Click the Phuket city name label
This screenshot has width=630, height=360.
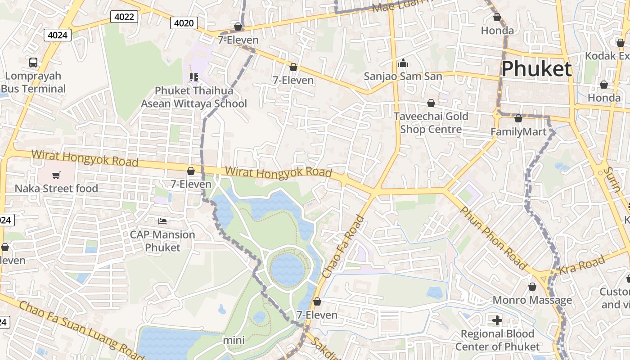(536, 69)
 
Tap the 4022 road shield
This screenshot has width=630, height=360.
(124, 17)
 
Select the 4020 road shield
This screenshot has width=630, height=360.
(184, 23)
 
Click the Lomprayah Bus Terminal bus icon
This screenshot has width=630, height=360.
(33, 63)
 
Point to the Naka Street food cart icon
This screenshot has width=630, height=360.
(56, 175)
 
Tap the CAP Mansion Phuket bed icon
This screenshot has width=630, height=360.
(162, 221)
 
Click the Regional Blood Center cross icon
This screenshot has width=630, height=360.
(497, 320)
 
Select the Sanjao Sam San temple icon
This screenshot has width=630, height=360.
(403, 63)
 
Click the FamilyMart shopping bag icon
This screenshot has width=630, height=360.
(518, 119)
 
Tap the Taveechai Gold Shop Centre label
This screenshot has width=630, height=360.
(431, 123)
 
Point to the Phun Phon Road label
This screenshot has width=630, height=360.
(492, 238)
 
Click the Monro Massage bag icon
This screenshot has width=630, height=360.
(532, 287)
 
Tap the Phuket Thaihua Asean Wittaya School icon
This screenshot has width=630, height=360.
(194, 77)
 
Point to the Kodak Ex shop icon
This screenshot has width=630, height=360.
(621, 43)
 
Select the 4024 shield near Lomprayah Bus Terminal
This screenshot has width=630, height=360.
(58, 35)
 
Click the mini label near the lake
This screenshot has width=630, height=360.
(234, 340)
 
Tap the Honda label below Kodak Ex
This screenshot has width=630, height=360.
(604, 98)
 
